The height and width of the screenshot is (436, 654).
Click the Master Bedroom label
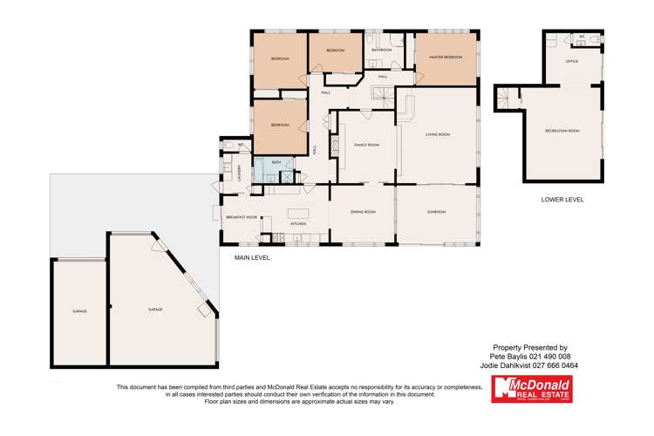446,58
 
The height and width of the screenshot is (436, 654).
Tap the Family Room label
366,145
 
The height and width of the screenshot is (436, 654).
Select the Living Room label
437,134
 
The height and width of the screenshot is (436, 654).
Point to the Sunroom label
436,212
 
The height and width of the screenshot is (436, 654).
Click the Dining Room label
363,212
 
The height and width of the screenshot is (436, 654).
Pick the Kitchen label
297,224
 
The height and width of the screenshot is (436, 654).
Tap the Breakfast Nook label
242,216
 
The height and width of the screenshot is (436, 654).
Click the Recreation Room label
562,131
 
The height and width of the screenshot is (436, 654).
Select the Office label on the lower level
572,62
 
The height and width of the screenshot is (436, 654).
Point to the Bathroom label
381,51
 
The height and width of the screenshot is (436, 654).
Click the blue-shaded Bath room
276,163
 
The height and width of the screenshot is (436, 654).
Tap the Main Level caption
252,259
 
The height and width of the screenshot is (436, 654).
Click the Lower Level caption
562,200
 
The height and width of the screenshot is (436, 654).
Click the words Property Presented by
529,347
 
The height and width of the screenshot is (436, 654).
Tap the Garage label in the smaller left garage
78,310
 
